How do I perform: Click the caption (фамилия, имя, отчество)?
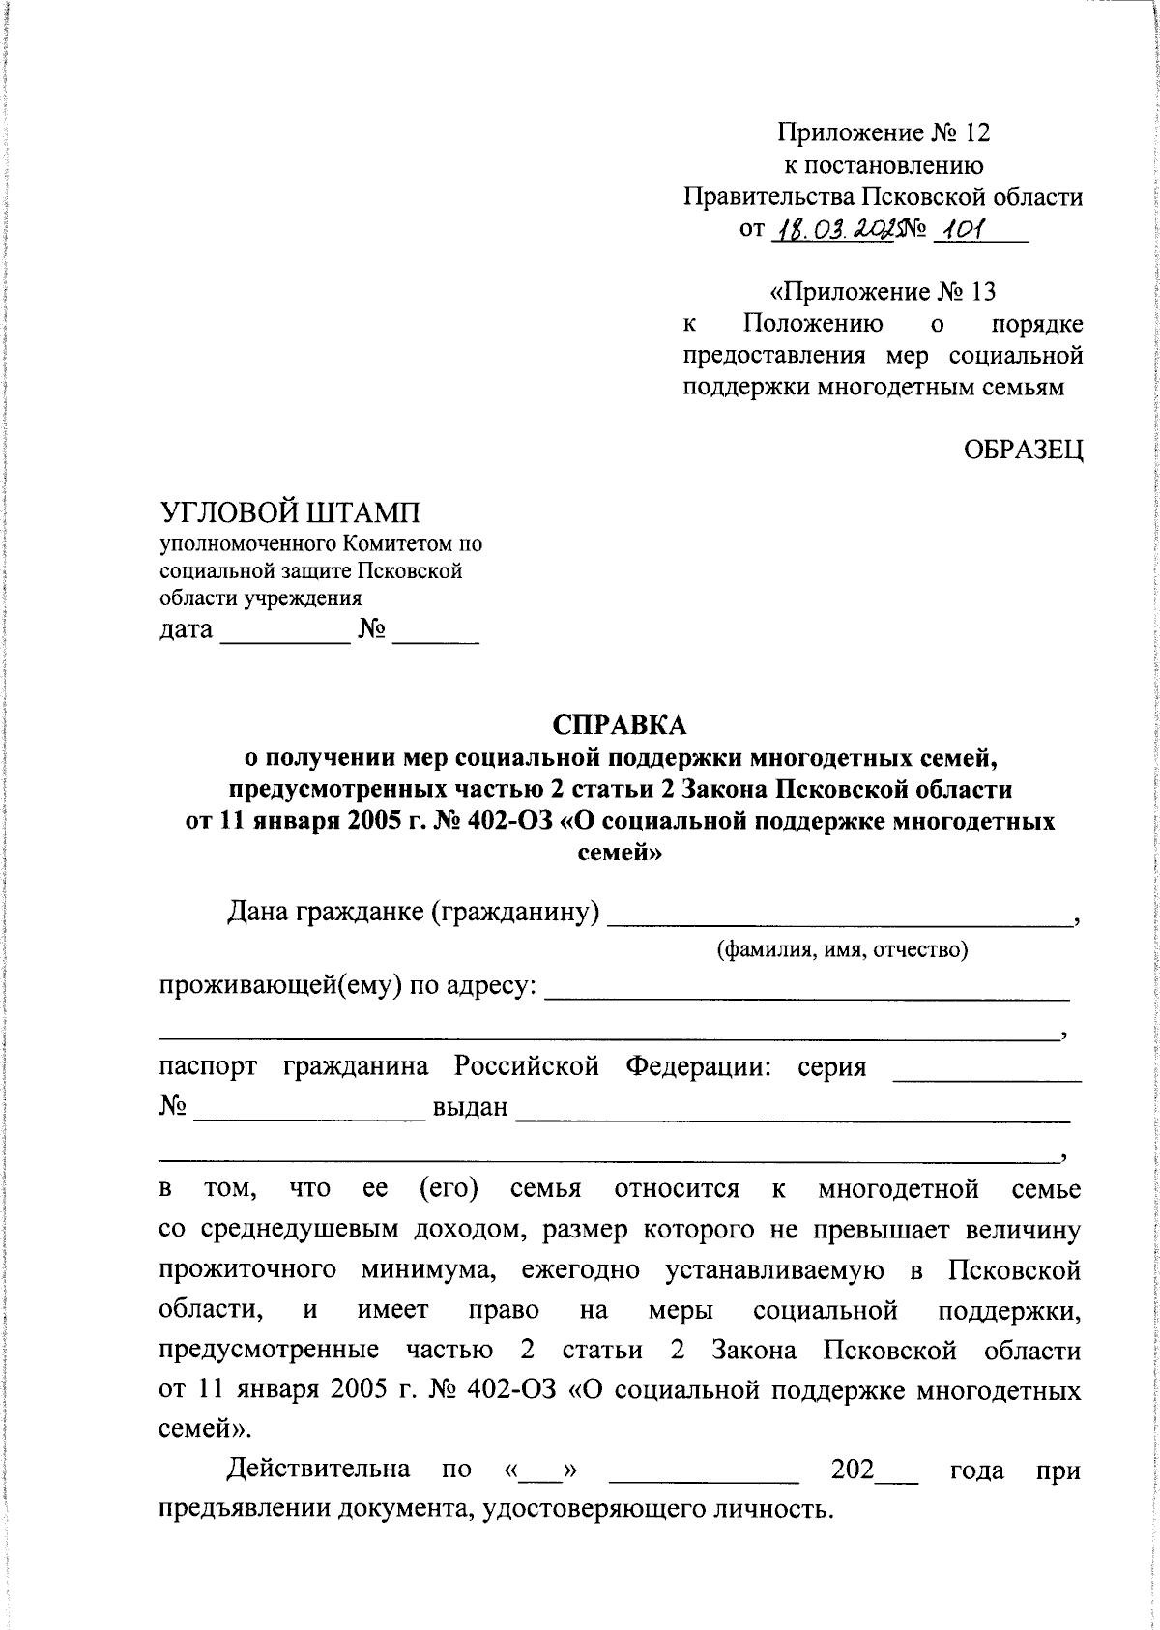[842, 949]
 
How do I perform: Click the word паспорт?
[208, 1067]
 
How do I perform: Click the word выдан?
[470, 1108]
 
